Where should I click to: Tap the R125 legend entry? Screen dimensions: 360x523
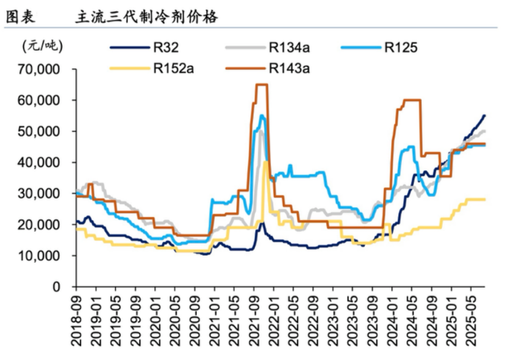pyautogui.click(x=400, y=48)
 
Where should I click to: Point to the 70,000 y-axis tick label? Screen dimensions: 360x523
pyautogui.click(x=39, y=70)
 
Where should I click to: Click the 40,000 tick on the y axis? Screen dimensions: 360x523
pyautogui.click(x=39, y=162)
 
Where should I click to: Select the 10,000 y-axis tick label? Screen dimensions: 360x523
pyautogui.click(x=39, y=256)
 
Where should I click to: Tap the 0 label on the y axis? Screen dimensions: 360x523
pyautogui.click(x=57, y=287)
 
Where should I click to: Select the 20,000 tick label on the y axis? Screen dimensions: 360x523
pyautogui.click(x=39, y=225)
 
